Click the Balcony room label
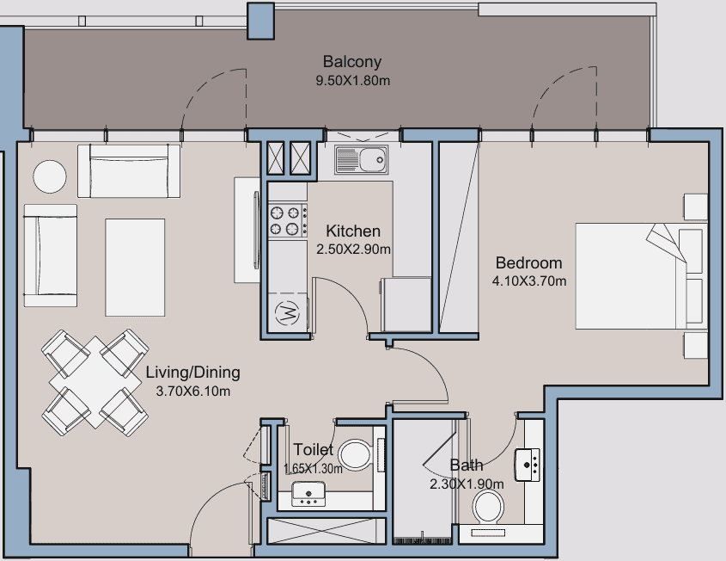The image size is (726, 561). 352,62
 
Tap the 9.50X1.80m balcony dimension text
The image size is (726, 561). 353,81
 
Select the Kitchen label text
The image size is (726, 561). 353,231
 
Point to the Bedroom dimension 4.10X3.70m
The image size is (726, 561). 528,281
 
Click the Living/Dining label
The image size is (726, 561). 192,373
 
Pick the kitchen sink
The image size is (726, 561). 361,159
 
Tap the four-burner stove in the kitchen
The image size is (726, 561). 288,220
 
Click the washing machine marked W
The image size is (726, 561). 288,314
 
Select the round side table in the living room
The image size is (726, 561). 50,176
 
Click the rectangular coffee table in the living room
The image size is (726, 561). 135,268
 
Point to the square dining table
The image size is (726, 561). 95,382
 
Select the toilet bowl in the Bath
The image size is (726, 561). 488,507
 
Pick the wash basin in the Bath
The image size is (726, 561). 527,465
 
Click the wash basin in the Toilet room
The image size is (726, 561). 308,494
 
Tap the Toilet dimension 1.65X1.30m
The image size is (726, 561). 313,469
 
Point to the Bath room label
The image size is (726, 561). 467,465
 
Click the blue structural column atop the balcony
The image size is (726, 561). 260,21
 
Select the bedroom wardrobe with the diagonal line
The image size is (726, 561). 459,237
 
